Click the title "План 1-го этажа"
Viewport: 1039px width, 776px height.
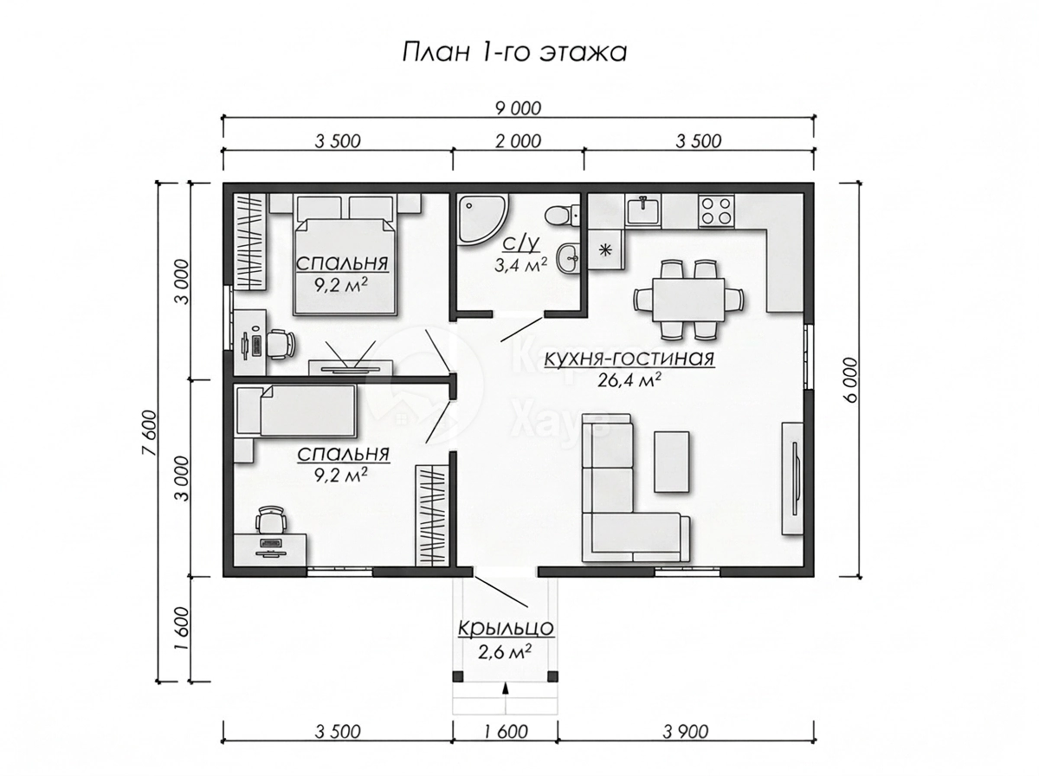coord(514,53)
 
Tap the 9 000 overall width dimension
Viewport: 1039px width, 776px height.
coord(518,108)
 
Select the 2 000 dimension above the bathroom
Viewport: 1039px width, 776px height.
coord(518,141)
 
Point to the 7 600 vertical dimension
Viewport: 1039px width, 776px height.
coord(148,432)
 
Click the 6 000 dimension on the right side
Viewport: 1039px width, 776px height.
coord(850,379)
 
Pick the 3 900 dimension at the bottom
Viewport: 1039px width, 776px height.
coord(686,732)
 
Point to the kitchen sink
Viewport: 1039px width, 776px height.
coord(644,210)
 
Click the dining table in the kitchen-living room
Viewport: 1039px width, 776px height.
coord(688,300)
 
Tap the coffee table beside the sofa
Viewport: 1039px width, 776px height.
coord(671,462)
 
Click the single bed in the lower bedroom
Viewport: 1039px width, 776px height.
coord(296,410)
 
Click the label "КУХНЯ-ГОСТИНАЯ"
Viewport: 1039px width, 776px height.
coord(629,359)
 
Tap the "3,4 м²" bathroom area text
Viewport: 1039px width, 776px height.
coord(520,265)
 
